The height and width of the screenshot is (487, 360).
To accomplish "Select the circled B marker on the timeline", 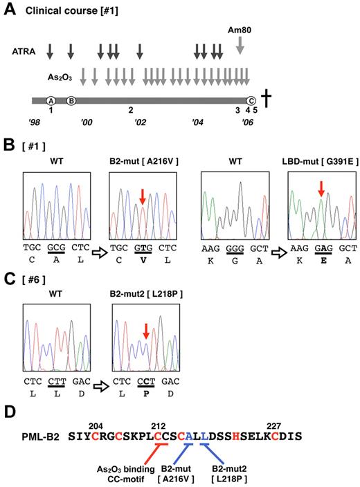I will click(71, 100).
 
